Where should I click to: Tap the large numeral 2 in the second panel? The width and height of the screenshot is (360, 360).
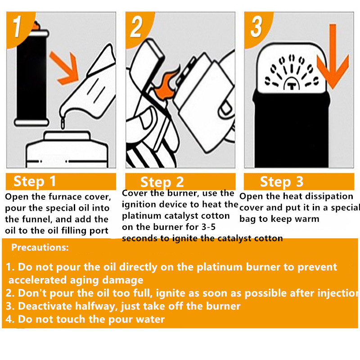pos(136,26)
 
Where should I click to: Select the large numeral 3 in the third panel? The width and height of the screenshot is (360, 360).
pos(256,26)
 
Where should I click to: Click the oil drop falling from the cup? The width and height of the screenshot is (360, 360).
pos(64,121)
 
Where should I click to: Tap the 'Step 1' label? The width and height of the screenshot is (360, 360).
pos(35,181)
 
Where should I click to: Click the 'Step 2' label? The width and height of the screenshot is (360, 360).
pos(162,182)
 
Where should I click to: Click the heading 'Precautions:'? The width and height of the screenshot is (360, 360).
pos(40,247)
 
